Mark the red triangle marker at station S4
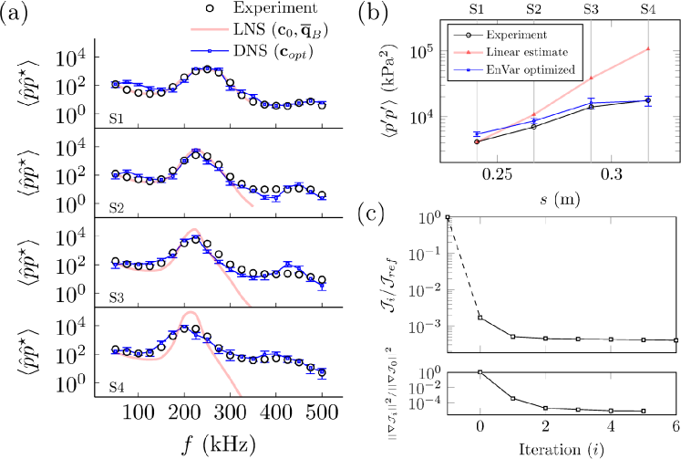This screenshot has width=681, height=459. [x=647, y=48]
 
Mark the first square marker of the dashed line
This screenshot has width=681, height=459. [x=448, y=217]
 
